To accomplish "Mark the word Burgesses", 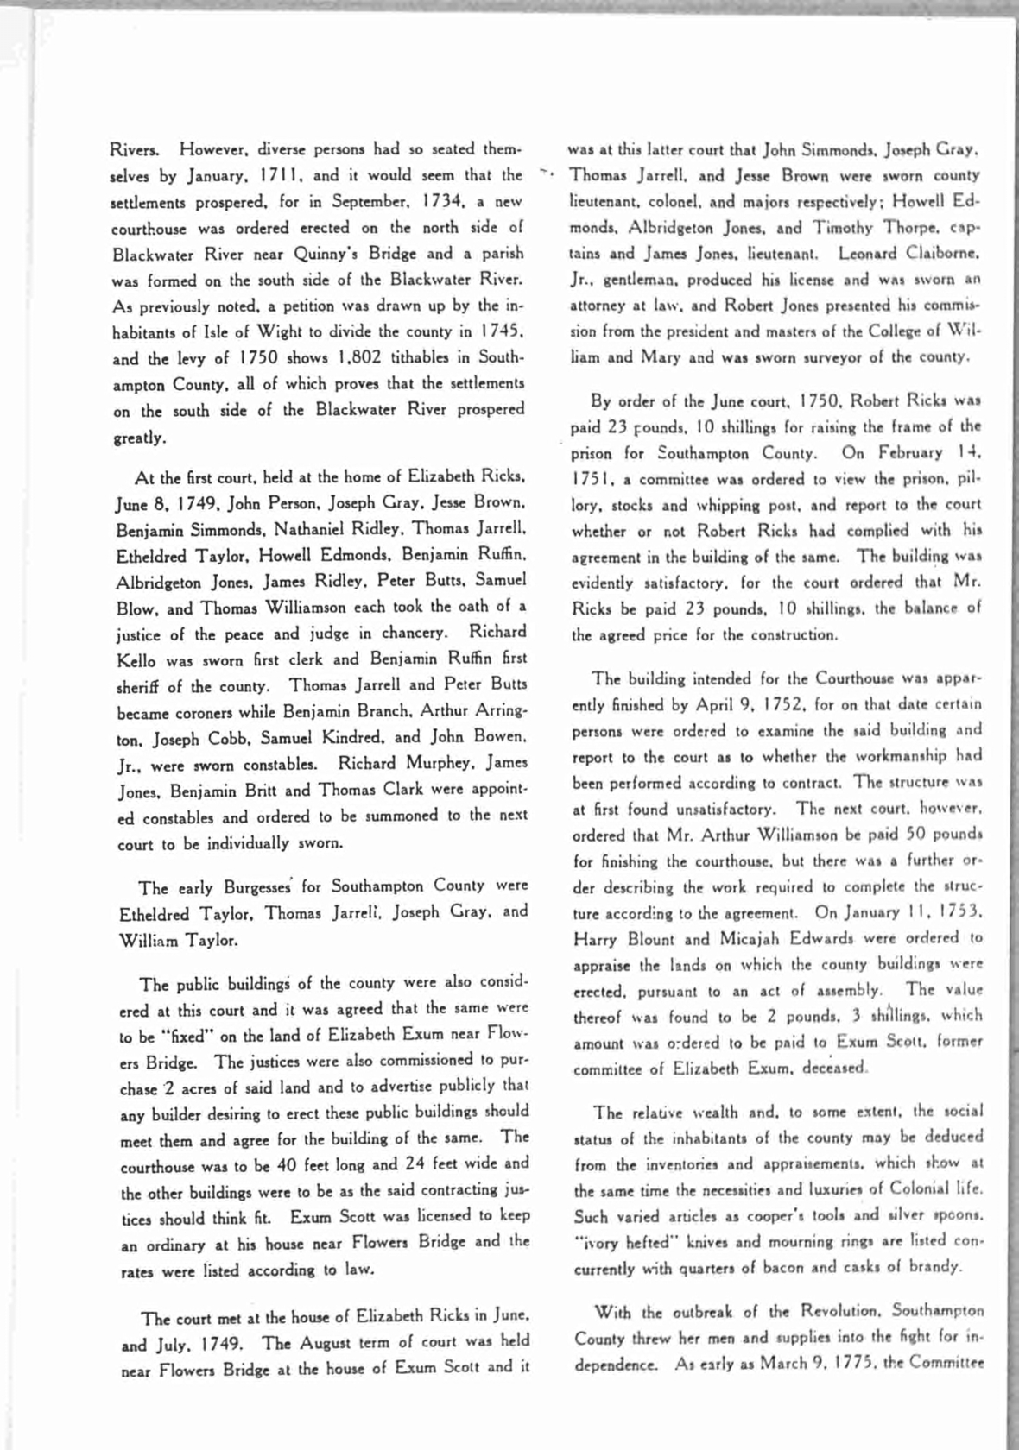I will (259, 887).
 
